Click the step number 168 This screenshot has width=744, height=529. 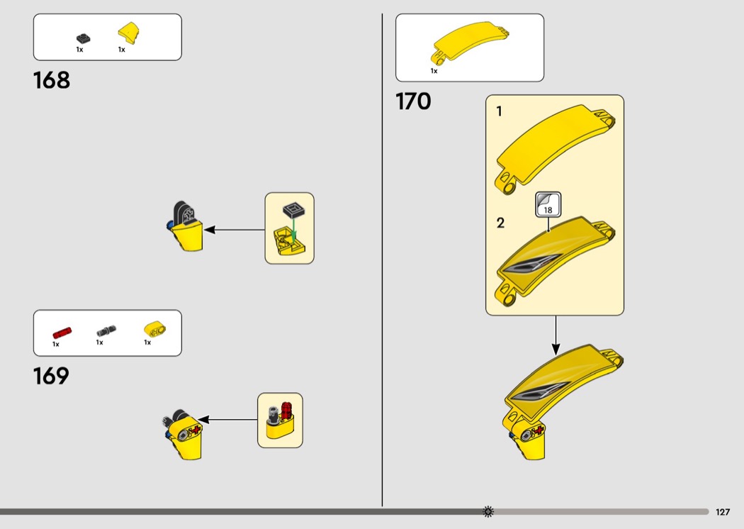[x=52, y=80]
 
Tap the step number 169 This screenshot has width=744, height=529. [x=51, y=376]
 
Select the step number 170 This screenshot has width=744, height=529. [x=413, y=102]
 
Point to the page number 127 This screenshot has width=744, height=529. [x=723, y=512]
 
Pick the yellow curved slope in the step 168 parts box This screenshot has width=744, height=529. [x=128, y=33]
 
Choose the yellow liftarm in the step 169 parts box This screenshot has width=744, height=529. [x=153, y=328]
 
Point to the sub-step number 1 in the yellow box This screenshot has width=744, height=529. [x=500, y=111]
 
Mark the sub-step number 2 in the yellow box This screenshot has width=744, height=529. [x=500, y=223]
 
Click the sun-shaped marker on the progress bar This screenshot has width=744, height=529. [x=487, y=511]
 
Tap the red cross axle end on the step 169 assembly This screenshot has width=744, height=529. [x=196, y=430]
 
